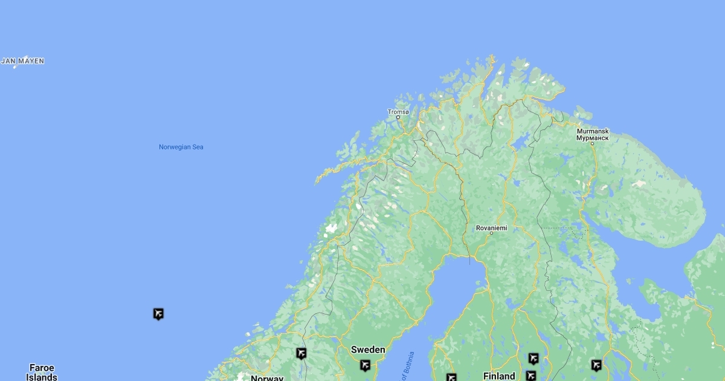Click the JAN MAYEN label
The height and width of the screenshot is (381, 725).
click(23, 61)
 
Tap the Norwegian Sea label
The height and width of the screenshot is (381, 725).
click(181, 147)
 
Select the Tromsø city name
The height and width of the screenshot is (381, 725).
click(398, 112)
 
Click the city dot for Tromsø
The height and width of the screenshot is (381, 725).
click(398, 117)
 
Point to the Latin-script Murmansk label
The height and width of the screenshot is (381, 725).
click(592, 131)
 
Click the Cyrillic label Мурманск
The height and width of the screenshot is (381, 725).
click(592, 138)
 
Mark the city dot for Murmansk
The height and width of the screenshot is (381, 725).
click(592, 143)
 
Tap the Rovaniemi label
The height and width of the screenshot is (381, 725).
click(491, 228)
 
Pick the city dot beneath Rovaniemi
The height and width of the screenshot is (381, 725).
click(491, 233)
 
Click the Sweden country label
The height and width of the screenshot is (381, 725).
click(368, 350)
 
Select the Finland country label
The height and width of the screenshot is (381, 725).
click(499, 376)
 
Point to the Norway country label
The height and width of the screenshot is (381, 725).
click(266, 378)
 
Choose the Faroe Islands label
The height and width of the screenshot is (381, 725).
click(42, 372)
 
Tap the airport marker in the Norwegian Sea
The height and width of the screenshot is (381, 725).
click(158, 313)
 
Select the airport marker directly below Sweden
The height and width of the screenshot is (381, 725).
click(365, 365)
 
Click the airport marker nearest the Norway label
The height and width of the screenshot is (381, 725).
click(301, 353)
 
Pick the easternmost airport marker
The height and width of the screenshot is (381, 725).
click(596, 365)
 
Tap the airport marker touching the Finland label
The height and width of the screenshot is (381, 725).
click(530, 376)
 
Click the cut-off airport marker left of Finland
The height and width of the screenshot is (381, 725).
click(451, 377)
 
